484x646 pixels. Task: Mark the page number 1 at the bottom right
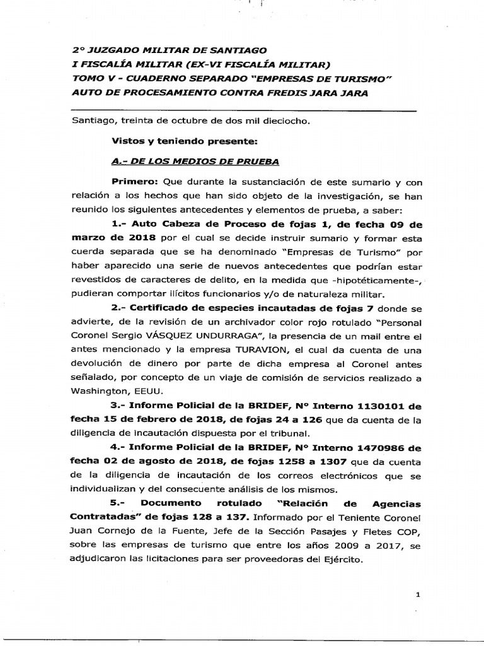point(417,594)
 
